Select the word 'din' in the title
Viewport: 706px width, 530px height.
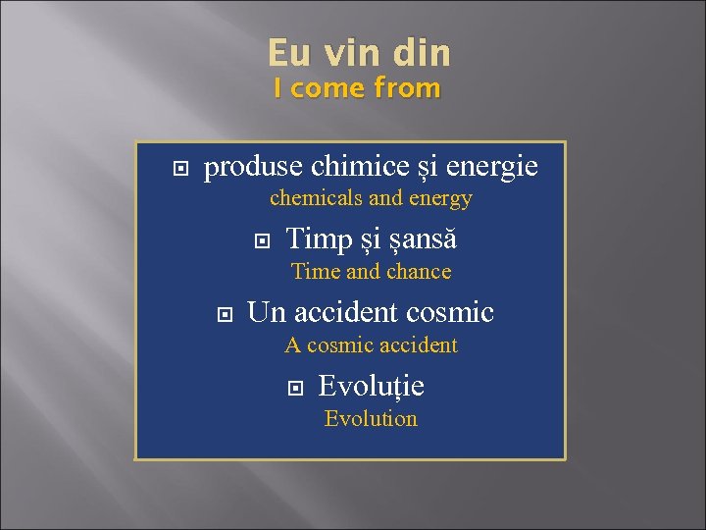pos(422,53)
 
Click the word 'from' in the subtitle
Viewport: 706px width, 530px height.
pos(407,88)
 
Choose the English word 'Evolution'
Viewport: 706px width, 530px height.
pos(371,419)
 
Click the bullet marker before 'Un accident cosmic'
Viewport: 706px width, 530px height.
pos(224,314)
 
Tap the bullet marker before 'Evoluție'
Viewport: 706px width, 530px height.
pos(295,387)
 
